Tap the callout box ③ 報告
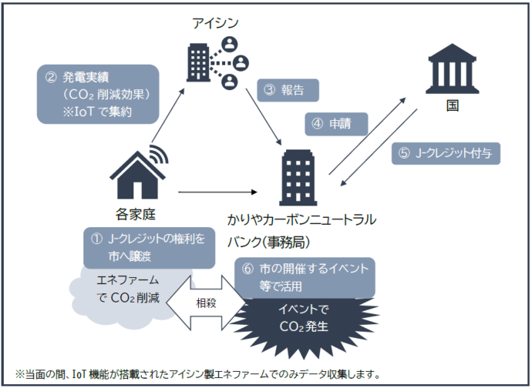tap(288, 90)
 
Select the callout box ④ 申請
tap(336, 122)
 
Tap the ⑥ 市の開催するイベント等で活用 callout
tap(305, 277)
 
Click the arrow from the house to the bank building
tap(224, 192)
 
